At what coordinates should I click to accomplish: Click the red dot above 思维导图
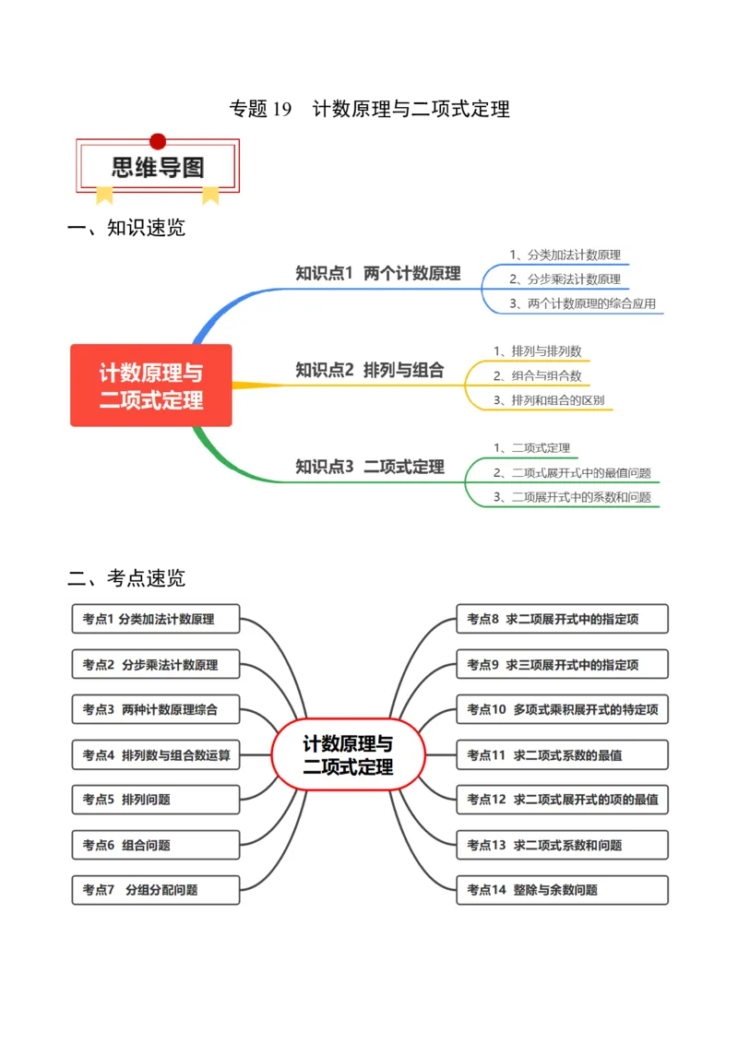point(158,141)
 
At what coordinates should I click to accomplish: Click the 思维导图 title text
point(158,168)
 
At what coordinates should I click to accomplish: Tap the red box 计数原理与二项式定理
point(151,386)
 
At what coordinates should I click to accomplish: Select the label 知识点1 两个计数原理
point(377,273)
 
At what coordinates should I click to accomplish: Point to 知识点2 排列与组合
point(369,370)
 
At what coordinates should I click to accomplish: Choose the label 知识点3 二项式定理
point(369,467)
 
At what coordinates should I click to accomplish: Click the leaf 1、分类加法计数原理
point(565,255)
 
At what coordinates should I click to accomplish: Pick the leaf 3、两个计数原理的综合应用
point(582,303)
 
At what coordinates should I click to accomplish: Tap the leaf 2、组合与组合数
point(537,375)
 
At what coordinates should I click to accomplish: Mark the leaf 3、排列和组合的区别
point(549,400)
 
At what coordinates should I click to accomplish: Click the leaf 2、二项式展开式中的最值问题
point(572,473)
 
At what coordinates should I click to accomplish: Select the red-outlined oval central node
point(348,755)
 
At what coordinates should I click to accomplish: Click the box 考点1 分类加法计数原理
point(156,620)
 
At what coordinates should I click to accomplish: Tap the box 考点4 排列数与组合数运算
point(156,755)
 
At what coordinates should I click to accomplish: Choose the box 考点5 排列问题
point(156,800)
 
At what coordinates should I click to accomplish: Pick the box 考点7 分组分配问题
point(156,890)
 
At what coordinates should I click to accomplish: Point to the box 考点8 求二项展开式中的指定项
point(562,620)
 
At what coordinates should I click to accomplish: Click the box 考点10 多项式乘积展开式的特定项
point(562,710)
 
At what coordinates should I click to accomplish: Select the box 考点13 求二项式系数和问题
point(562,845)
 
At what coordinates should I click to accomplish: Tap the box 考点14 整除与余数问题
point(562,890)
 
